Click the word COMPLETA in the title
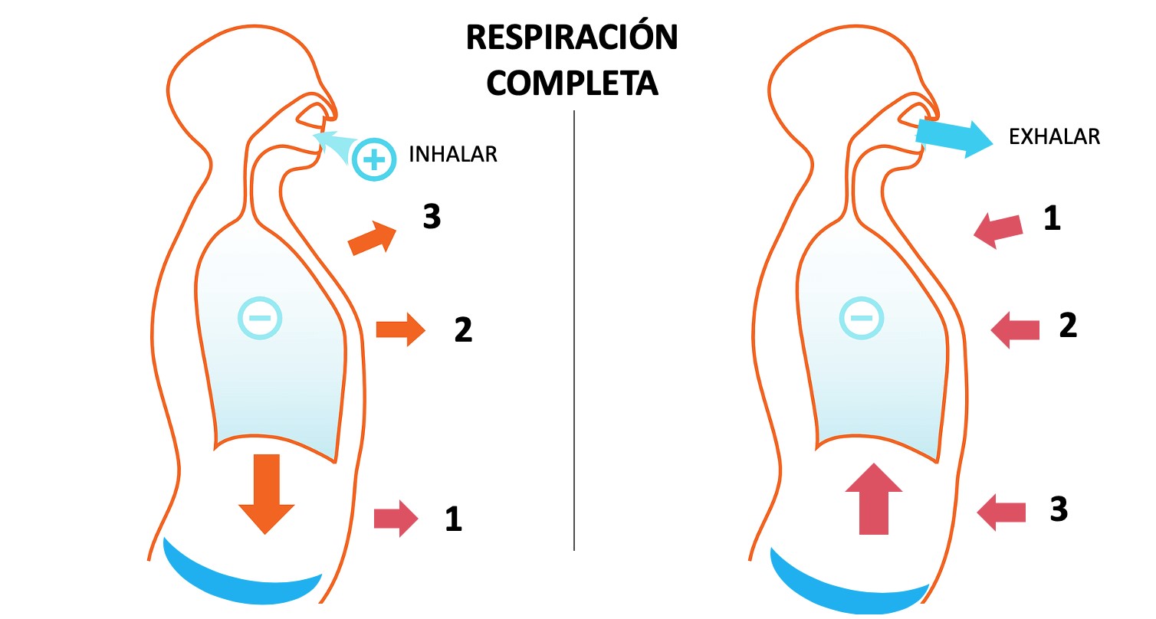coord(572,84)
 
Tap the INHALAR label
coord(454,155)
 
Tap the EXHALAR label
coord(1054,137)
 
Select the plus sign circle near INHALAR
coord(374,160)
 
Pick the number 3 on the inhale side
coord(432,218)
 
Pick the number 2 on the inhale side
coord(463,330)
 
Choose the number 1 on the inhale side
coord(454,520)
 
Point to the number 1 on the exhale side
coord(1052,220)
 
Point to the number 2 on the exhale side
coord(1068,326)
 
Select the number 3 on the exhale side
coord(1059,509)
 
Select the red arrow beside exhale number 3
coord(1002,511)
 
